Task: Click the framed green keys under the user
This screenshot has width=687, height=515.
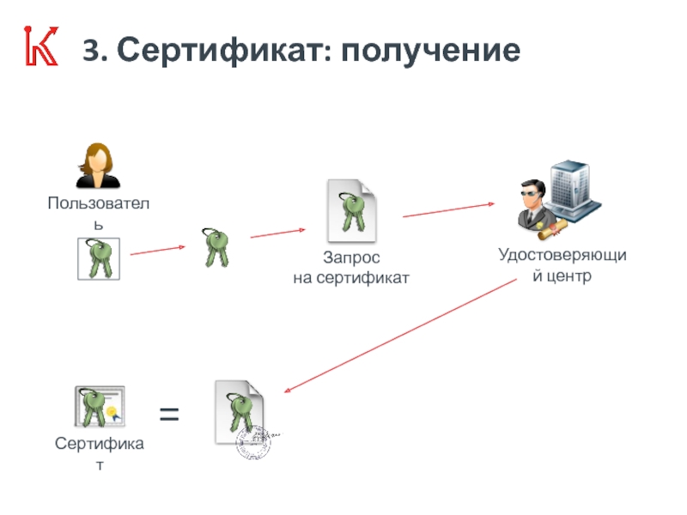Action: click(x=100, y=258)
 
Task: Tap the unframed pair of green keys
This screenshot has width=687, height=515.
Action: click(x=216, y=247)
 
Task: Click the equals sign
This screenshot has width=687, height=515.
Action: click(x=170, y=415)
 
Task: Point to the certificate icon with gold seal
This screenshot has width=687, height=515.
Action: click(x=100, y=407)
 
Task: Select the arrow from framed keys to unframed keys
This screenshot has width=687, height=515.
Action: click(x=157, y=250)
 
